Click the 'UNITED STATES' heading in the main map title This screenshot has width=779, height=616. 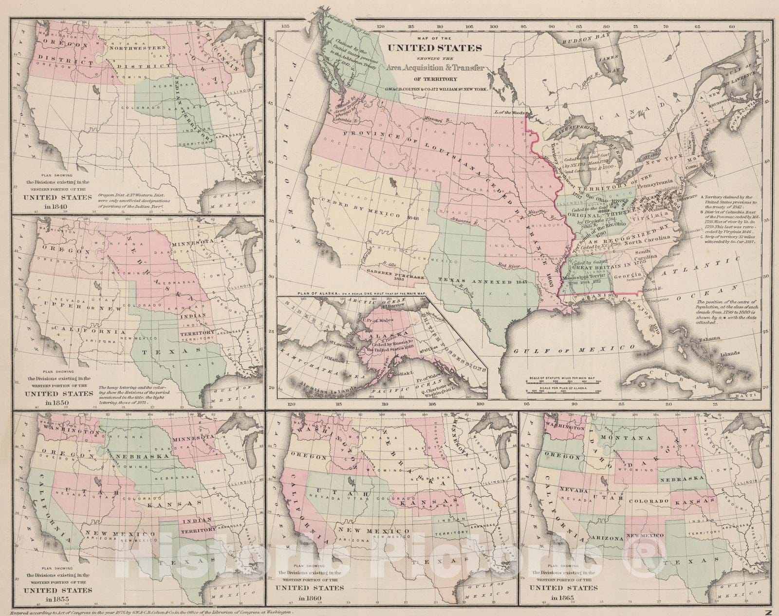coord(434,48)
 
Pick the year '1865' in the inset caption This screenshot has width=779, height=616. coord(562,598)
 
